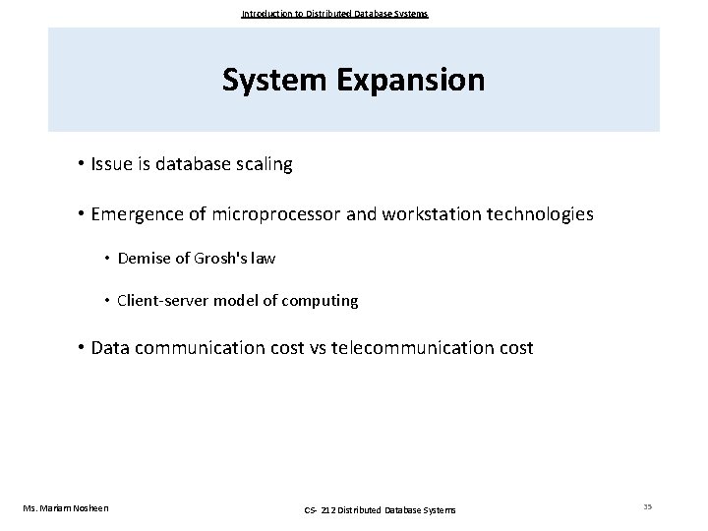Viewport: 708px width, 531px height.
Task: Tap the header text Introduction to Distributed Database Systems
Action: (334, 14)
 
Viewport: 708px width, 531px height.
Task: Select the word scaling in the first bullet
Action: (263, 164)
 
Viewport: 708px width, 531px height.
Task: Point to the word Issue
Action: (112, 164)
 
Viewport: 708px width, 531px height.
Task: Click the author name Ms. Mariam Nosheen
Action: (66, 507)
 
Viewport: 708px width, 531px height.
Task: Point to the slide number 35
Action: (648, 506)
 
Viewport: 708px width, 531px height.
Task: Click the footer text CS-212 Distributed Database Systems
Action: (380, 508)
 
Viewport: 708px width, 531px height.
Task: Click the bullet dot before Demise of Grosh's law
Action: (106, 260)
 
